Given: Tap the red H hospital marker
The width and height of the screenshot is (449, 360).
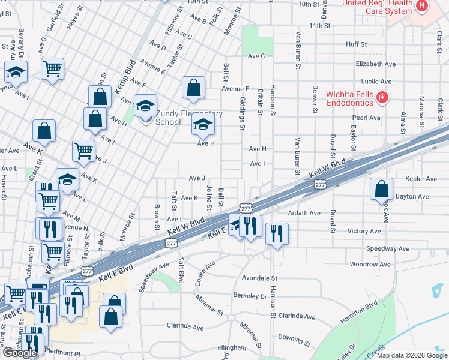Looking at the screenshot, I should click(x=421, y=6).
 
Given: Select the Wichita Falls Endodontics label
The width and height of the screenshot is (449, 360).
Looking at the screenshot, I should click(x=350, y=98).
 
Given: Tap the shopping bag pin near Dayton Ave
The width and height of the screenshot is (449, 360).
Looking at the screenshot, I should click(x=381, y=190).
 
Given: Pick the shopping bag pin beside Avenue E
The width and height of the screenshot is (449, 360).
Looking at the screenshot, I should click(x=193, y=88).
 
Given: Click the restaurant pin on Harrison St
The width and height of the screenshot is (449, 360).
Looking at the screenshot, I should click(x=276, y=233).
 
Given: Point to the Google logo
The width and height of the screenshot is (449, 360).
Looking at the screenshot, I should click(x=20, y=353).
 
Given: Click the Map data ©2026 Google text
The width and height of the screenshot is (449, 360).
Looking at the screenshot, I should click(x=412, y=355).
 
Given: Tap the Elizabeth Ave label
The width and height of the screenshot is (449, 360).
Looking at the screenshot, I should click(x=376, y=64).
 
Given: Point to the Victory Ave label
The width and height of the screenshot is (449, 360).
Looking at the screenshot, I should click(x=364, y=231).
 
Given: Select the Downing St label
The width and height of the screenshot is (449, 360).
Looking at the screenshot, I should click(x=294, y=340).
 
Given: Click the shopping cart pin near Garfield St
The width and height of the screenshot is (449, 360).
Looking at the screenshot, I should click(x=53, y=69).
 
